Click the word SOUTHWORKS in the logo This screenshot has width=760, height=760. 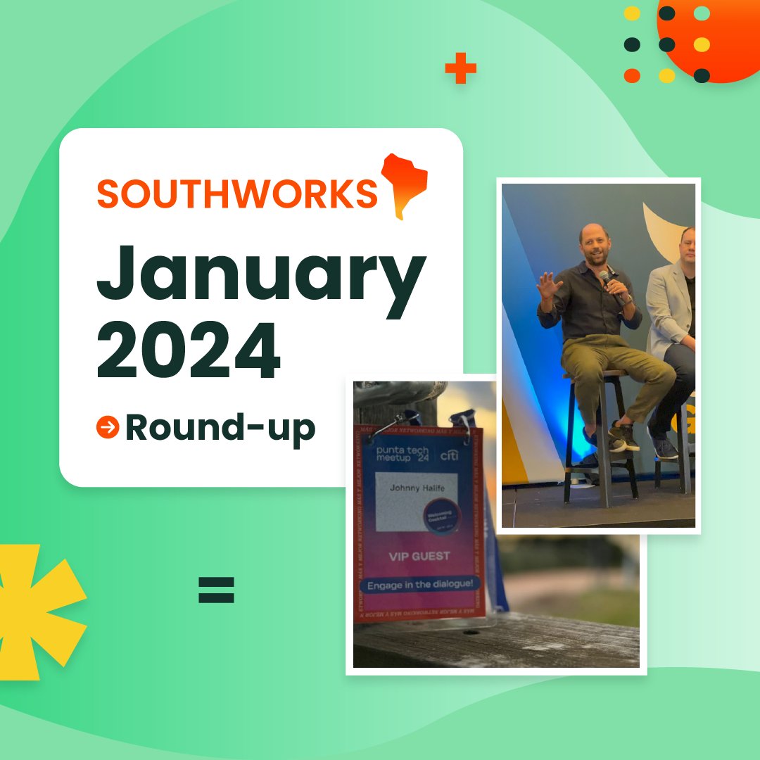click(x=237, y=194)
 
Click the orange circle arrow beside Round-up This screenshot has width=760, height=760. click(x=108, y=426)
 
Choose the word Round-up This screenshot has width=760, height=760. click(x=220, y=427)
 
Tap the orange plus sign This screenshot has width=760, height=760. click(x=461, y=69)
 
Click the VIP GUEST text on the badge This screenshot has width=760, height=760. click(x=419, y=556)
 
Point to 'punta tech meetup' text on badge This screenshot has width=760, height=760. click(x=402, y=455)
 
